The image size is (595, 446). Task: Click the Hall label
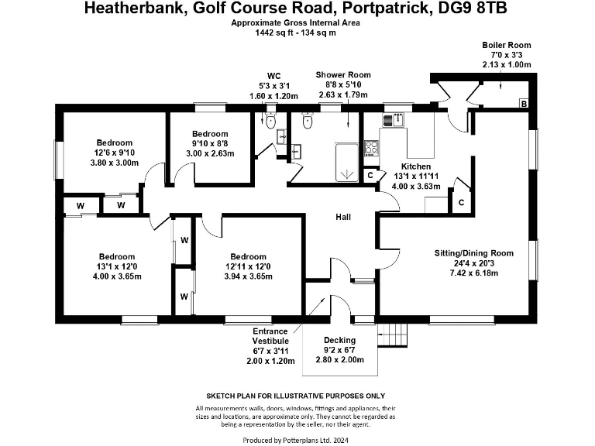(344, 218)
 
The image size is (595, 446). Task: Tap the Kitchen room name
(416, 166)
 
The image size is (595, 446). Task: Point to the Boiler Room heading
(506, 45)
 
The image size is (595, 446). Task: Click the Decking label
(339, 341)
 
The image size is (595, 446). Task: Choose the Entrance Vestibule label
(270, 336)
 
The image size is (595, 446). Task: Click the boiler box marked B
(524, 104)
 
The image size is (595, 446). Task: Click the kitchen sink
(393, 118)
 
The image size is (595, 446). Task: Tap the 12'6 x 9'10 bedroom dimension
(114, 153)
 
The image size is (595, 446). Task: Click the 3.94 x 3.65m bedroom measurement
(247, 276)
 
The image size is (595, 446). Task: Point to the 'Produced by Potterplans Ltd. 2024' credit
(297, 440)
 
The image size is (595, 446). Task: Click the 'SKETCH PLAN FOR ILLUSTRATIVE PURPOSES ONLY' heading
(296, 394)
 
